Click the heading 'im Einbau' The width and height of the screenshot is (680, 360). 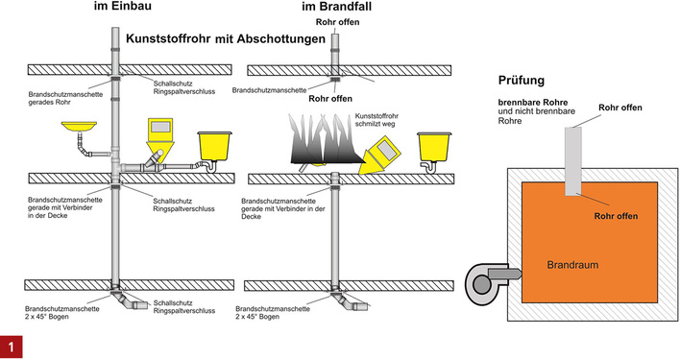click(136, 8)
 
